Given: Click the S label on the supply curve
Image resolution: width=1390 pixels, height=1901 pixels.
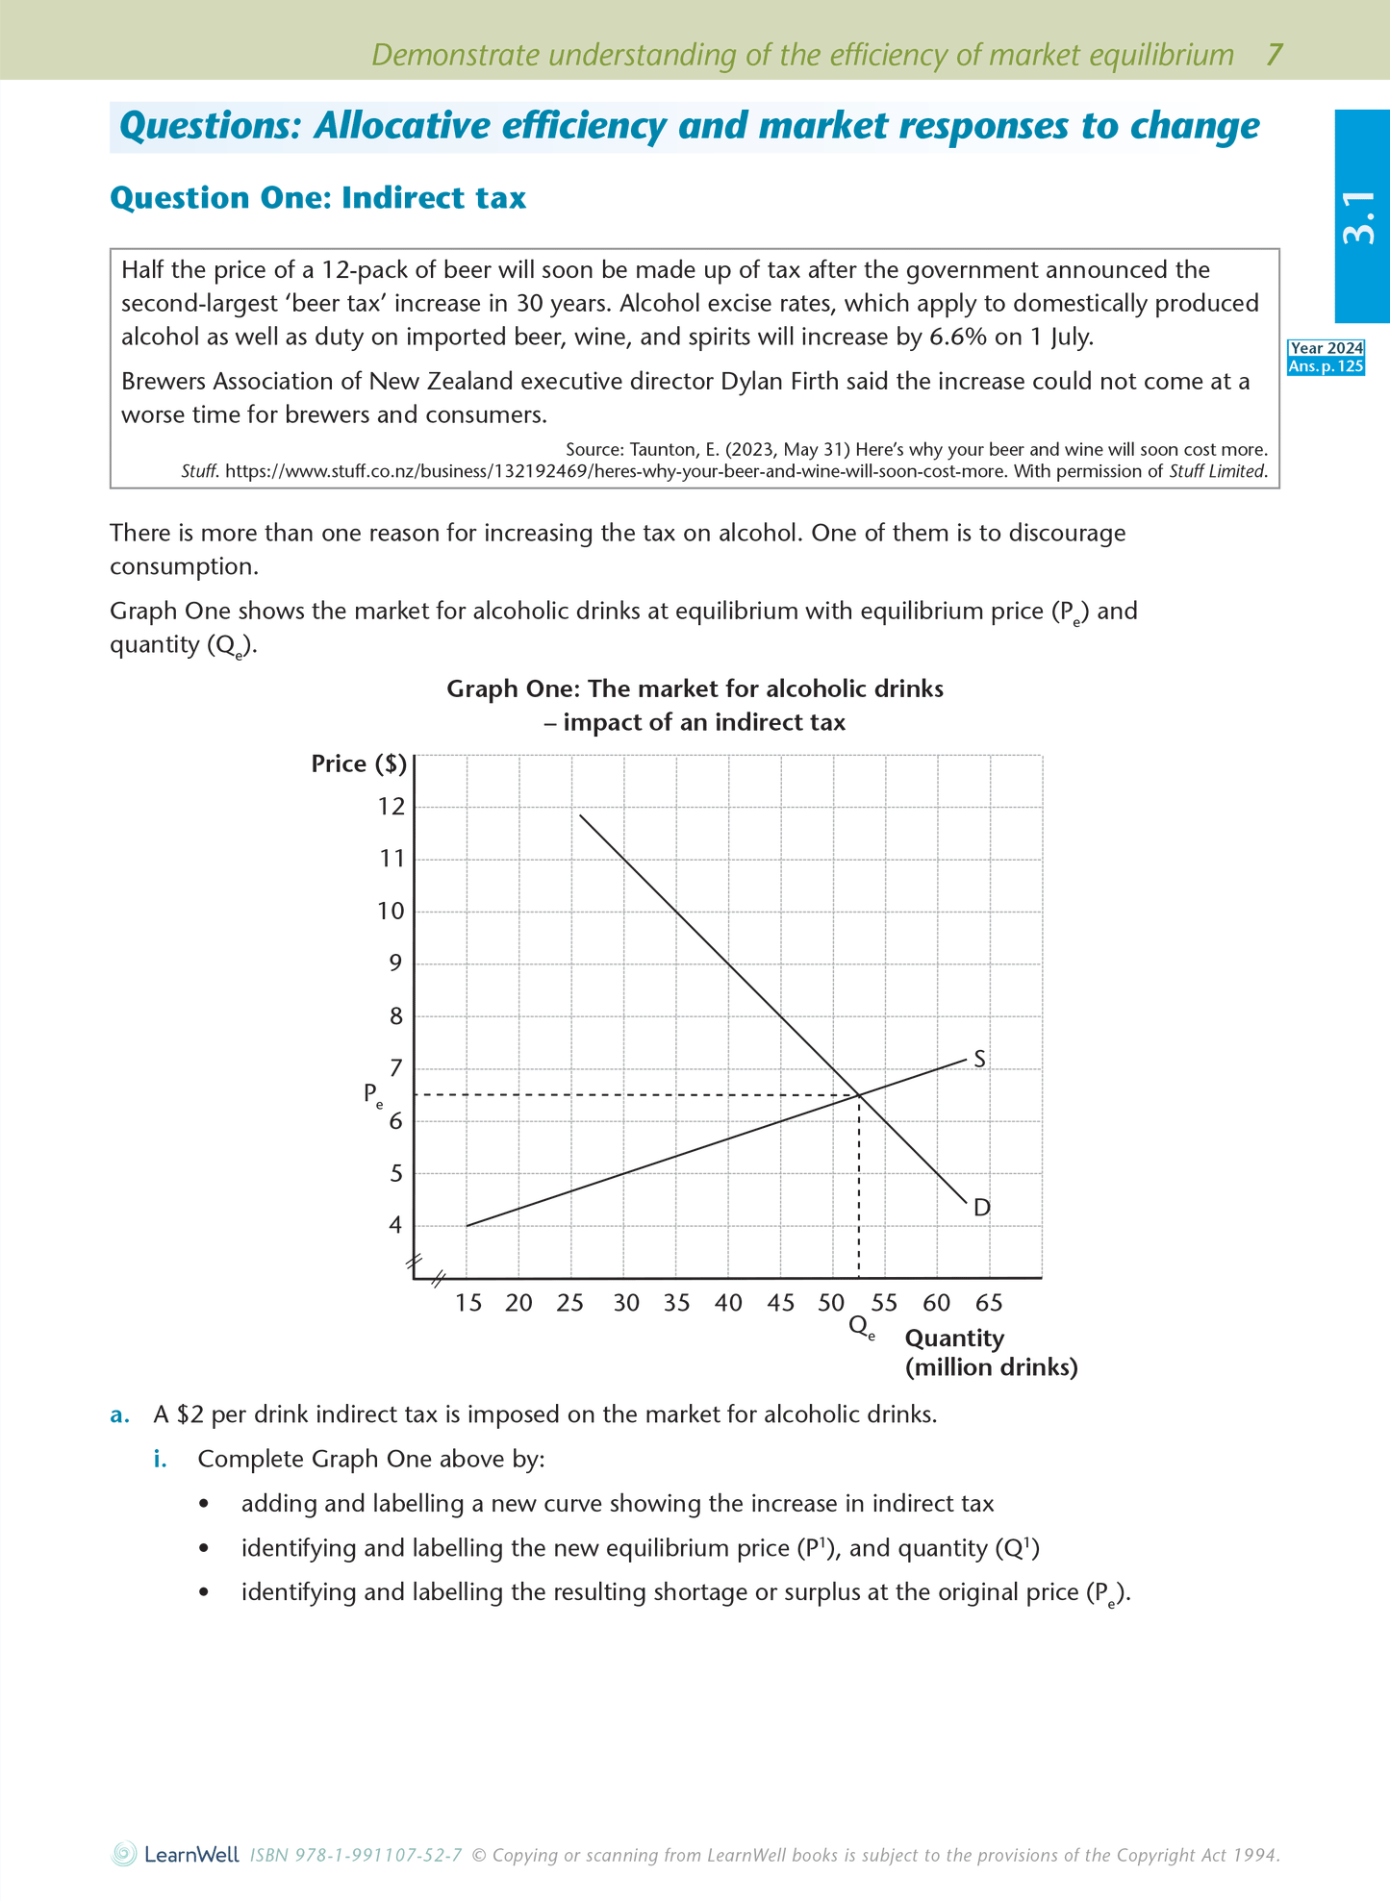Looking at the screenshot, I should [x=979, y=1059].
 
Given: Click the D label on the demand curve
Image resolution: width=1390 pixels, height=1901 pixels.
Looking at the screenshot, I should [x=981, y=1208].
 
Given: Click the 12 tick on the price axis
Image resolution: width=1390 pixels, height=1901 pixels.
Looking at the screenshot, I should [x=392, y=807].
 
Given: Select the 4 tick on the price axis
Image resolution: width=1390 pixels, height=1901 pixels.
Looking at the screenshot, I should [x=395, y=1225].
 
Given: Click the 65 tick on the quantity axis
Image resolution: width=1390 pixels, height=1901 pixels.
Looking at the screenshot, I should [x=989, y=1303].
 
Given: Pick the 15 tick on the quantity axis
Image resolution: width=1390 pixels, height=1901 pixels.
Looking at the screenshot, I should [x=468, y=1303].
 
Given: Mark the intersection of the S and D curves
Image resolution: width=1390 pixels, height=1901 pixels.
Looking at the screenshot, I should [x=858, y=1094].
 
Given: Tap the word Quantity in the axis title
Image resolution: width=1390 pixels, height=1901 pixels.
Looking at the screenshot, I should [x=954, y=1338].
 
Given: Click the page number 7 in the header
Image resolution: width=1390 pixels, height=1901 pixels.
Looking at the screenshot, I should [x=1274, y=55].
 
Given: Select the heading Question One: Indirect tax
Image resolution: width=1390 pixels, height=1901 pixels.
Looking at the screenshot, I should [x=318, y=198].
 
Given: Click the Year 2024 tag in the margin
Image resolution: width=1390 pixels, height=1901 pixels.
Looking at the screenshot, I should [x=1327, y=349].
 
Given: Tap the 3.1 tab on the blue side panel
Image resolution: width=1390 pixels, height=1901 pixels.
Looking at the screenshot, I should [x=1360, y=217].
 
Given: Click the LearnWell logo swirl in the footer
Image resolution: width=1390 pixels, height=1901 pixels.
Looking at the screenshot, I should [x=124, y=1854].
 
